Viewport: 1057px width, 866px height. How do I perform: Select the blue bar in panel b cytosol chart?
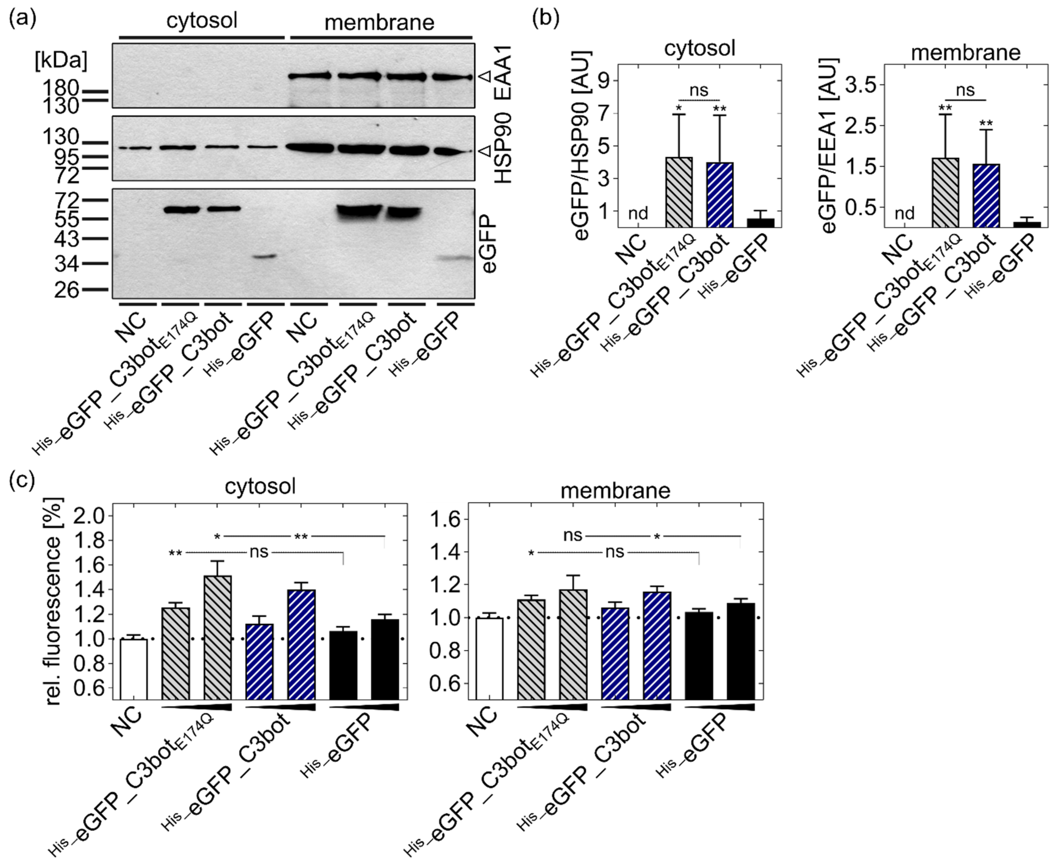(x=719, y=195)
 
